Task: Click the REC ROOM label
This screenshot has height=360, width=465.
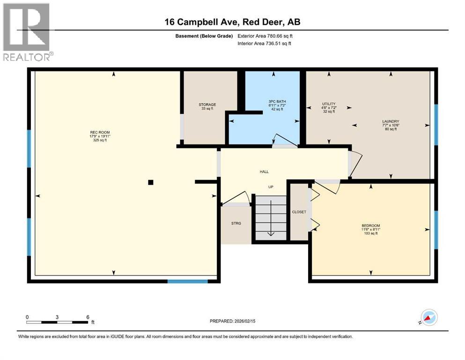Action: [100, 132]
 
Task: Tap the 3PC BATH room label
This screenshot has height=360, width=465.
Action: [277, 102]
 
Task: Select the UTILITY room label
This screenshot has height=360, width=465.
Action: [329, 104]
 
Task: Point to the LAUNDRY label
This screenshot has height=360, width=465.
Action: [391, 121]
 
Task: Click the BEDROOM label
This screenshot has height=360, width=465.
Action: [371, 225]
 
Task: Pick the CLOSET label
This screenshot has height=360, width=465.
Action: [299, 212]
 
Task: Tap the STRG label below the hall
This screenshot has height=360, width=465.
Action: [236, 223]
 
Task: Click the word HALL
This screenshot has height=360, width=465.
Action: [264, 172]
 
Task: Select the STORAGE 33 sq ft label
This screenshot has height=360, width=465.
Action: [207, 106]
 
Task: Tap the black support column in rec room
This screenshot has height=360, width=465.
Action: [151, 182]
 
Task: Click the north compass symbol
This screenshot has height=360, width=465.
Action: [429, 317]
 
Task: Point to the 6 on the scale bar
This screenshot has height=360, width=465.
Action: [88, 317]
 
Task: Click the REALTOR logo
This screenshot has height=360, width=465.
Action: [27, 32]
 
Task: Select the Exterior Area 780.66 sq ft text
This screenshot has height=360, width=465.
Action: [265, 36]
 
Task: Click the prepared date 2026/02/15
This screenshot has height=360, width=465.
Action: [245, 321]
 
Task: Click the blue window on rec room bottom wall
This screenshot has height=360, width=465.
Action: [188, 281]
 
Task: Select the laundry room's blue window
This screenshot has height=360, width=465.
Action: [436, 125]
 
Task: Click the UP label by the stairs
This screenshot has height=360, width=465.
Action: [271, 187]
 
